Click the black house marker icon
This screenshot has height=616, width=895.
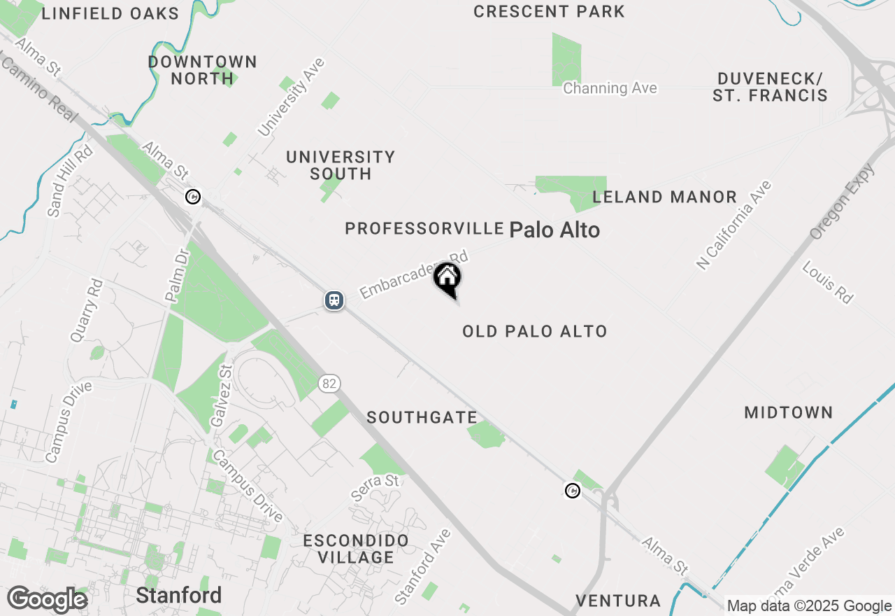(x=447, y=279)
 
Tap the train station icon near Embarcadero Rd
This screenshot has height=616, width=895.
(x=335, y=300)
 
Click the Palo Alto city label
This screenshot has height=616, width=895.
(x=554, y=230)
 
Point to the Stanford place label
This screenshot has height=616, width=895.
(x=178, y=596)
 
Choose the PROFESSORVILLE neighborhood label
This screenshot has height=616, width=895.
(x=424, y=229)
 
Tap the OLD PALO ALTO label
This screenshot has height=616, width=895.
(x=534, y=331)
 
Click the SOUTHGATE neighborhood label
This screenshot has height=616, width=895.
(x=422, y=418)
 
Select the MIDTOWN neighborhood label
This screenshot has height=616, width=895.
(x=788, y=413)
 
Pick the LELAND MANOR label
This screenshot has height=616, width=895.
(x=664, y=197)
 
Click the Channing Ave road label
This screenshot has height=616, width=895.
(x=610, y=88)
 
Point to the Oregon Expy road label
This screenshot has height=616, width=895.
(x=841, y=202)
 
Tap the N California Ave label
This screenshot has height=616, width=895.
(x=733, y=225)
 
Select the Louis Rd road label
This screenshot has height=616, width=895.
(x=828, y=282)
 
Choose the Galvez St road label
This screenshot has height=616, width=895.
(x=220, y=396)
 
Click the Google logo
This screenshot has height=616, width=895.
(x=47, y=600)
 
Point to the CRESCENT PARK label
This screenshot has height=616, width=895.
(x=549, y=12)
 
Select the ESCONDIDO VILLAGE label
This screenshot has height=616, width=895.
(x=356, y=549)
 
